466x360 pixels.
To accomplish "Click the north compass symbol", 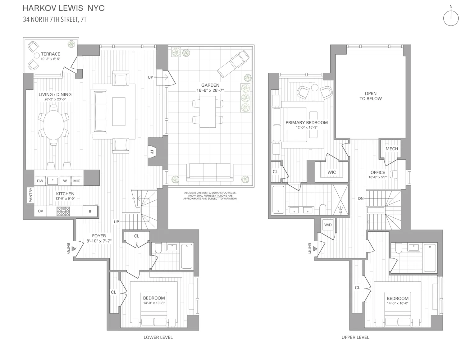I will (x=451, y=18).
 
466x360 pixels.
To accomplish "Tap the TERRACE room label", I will (x=50, y=54).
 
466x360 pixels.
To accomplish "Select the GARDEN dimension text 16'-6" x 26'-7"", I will (x=210, y=90).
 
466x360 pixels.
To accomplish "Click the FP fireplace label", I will (x=152, y=153).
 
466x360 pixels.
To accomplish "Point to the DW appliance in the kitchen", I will (x=40, y=181).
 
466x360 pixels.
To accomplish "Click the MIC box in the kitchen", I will (x=76, y=181).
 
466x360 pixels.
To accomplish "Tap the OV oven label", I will (x=40, y=211).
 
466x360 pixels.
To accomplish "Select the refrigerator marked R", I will (x=90, y=212).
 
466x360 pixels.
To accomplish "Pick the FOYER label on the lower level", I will (x=99, y=236).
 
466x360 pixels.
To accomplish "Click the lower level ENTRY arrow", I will (x=73, y=249).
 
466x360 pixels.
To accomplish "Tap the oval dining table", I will (x=54, y=125).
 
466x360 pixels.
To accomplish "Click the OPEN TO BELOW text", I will (x=371, y=96).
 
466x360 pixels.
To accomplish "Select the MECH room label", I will (x=391, y=149).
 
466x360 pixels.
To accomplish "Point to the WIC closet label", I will (x=331, y=172).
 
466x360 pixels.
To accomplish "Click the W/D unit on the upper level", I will (x=328, y=225).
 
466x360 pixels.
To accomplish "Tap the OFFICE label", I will (x=377, y=172).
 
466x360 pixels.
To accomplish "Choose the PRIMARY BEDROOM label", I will (x=307, y=123).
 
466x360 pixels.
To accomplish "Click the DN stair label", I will (x=360, y=198).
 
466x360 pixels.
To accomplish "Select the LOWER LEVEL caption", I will (x=158, y=337).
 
